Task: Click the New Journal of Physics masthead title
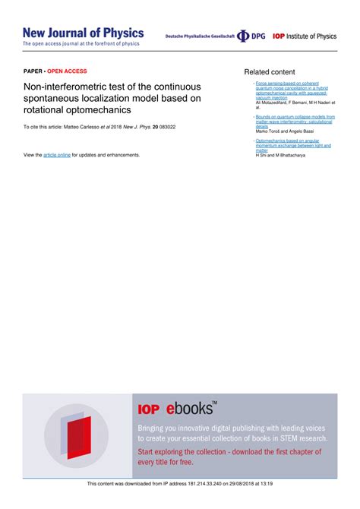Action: (83, 33)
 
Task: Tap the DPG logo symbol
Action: (243, 36)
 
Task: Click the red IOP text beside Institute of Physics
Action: (278, 36)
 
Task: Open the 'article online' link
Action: (57, 155)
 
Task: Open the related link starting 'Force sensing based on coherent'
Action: (286, 82)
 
